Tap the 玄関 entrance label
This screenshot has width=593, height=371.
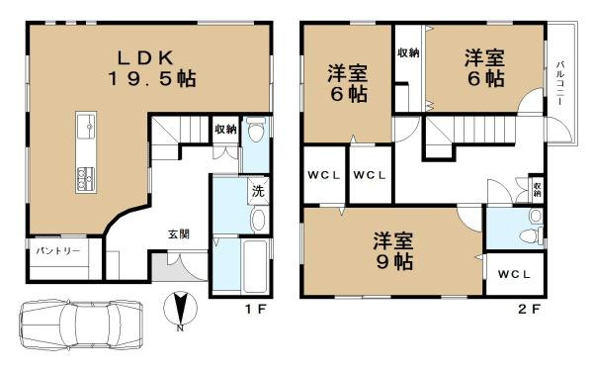(x=179, y=234)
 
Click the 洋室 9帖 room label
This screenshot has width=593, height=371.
(x=394, y=251)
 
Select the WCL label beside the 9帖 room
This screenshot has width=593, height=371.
(x=513, y=274)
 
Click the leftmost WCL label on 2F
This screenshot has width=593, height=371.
(x=322, y=176)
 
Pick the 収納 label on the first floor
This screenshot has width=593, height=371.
(x=225, y=129)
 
